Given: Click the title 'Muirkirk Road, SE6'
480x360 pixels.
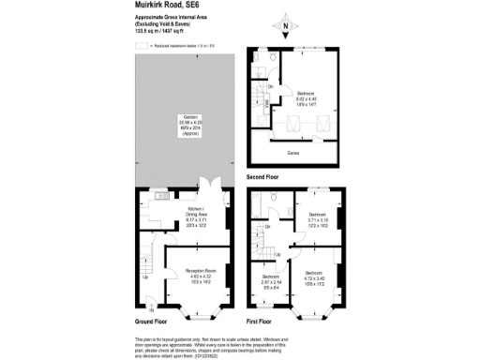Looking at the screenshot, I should [x=163, y=6].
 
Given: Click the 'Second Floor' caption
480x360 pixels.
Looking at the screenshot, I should [x=263, y=176].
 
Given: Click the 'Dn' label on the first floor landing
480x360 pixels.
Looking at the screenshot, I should [x=268, y=227].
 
